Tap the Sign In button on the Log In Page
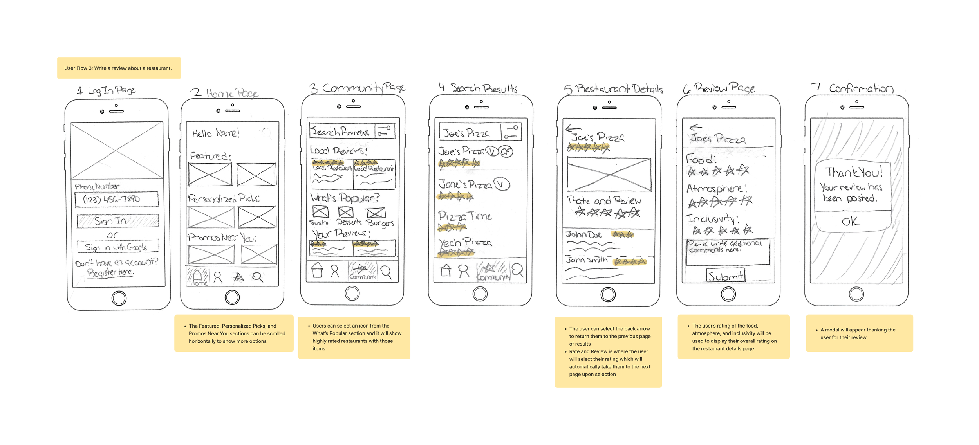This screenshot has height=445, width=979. pos(117,221)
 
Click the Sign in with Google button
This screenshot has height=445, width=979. pos(118,247)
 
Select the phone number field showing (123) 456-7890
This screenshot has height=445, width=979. pos(117,199)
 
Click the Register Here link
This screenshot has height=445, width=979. pos(110,272)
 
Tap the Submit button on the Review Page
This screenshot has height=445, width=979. pos(725,276)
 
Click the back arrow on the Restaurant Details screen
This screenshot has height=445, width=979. pos(573,128)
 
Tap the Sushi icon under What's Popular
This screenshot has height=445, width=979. pos(320,212)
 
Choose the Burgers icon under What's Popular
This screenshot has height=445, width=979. pos(376,213)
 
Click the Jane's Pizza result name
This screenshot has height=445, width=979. pos(465,184)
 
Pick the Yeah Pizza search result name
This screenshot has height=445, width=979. pos(465,243)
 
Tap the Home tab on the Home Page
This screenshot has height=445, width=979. pos(198,277)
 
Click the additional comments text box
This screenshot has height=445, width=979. pos(727,252)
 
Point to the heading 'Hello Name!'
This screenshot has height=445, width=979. pos(215,133)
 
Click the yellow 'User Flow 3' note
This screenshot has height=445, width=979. pos(119,68)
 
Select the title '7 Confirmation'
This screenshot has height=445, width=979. pos(853,88)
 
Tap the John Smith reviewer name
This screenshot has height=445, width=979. pos(586,260)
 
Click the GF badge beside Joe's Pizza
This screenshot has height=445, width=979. pos(506,152)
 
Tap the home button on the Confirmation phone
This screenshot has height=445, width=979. pos(856,294)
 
